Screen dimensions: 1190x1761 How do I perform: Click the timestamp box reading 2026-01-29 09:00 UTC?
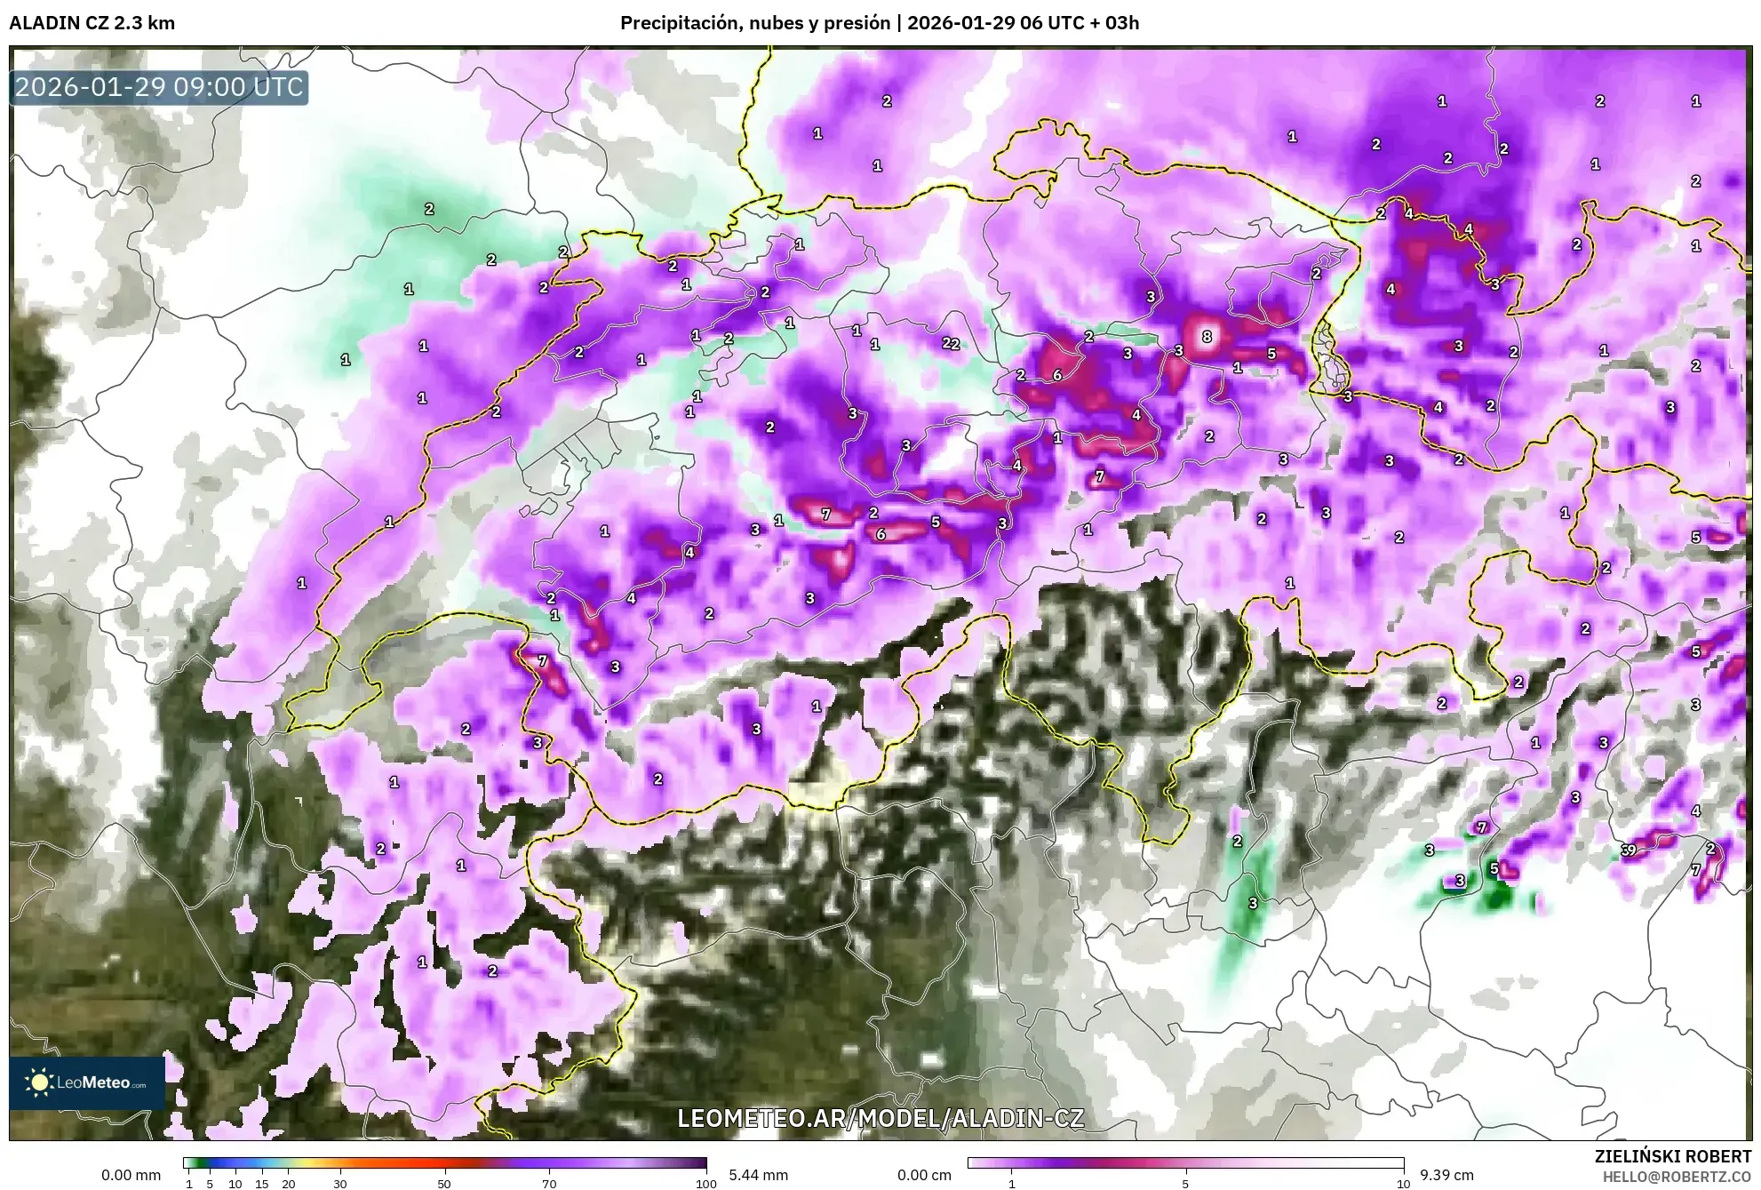(x=159, y=87)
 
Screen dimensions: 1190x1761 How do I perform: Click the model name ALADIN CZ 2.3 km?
(x=92, y=23)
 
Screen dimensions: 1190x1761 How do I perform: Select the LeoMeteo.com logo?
(x=87, y=1082)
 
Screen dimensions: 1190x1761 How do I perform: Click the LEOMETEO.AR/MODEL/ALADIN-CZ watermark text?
(x=880, y=1118)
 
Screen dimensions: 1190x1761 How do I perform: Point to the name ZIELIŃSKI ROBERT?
(x=1672, y=1156)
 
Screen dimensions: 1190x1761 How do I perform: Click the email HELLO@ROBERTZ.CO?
(x=1676, y=1177)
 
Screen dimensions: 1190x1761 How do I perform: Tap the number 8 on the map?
(x=1206, y=337)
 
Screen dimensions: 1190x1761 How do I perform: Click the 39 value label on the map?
(x=1628, y=851)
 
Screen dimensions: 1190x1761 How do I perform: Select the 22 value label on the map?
(x=951, y=344)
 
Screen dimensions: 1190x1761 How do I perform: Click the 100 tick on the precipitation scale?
(x=705, y=1184)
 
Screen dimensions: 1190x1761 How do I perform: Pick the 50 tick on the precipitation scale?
(x=444, y=1184)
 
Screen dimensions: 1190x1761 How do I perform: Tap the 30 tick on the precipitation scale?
(x=340, y=1184)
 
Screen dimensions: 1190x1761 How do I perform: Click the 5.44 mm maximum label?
(x=758, y=1175)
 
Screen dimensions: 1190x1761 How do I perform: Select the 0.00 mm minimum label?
(x=131, y=1175)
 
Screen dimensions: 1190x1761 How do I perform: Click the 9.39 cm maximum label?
(x=1446, y=1175)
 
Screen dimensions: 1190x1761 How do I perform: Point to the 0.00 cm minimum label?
(x=924, y=1175)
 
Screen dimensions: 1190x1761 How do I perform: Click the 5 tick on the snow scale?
(x=1185, y=1184)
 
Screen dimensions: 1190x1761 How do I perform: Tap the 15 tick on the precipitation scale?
(x=261, y=1184)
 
